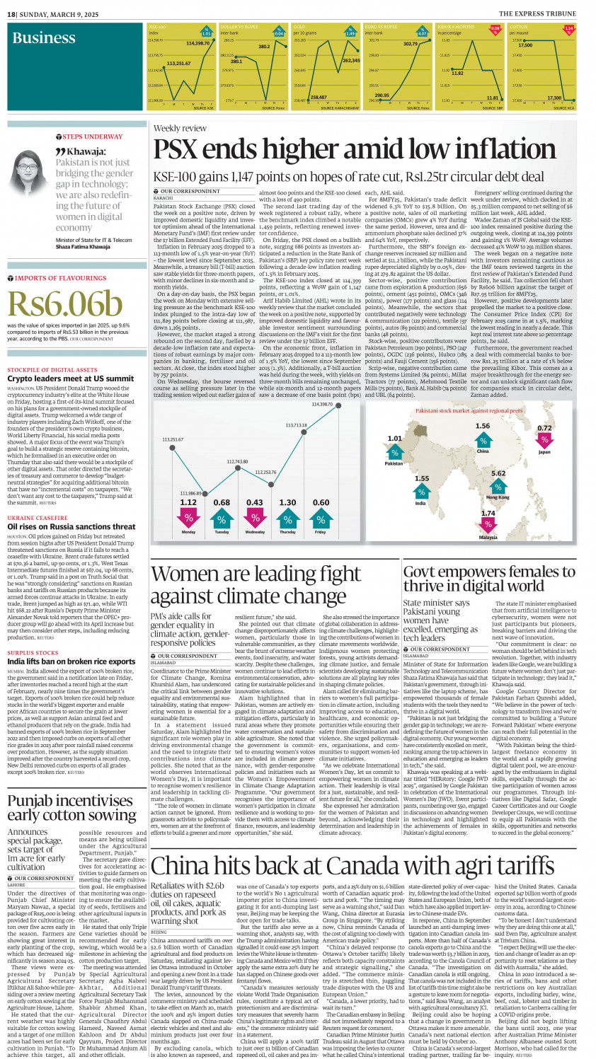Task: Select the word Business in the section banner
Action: (43, 38)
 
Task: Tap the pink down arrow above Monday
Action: (188, 518)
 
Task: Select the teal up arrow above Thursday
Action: (287, 518)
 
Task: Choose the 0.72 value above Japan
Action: (544, 428)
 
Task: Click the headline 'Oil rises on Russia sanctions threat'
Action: (71, 527)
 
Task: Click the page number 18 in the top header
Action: (11, 13)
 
